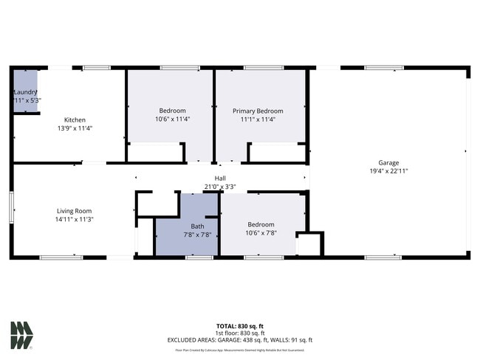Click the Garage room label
click(388, 162)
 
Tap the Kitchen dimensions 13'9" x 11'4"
click(75, 128)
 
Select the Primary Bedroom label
click(258, 111)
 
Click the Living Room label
click(74, 211)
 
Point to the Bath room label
click(197, 226)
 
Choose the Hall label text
click(220, 179)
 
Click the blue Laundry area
click(24, 91)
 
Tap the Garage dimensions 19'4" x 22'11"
click(388, 170)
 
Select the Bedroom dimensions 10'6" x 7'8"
click(261, 233)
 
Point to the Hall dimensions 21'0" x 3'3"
click(220, 187)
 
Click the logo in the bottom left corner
click(21, 335)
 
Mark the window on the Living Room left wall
click(12, 207)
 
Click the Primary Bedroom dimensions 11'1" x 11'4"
click(258, 119)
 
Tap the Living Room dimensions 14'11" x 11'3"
click(74, 219)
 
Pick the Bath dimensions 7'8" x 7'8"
click(197, 235)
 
